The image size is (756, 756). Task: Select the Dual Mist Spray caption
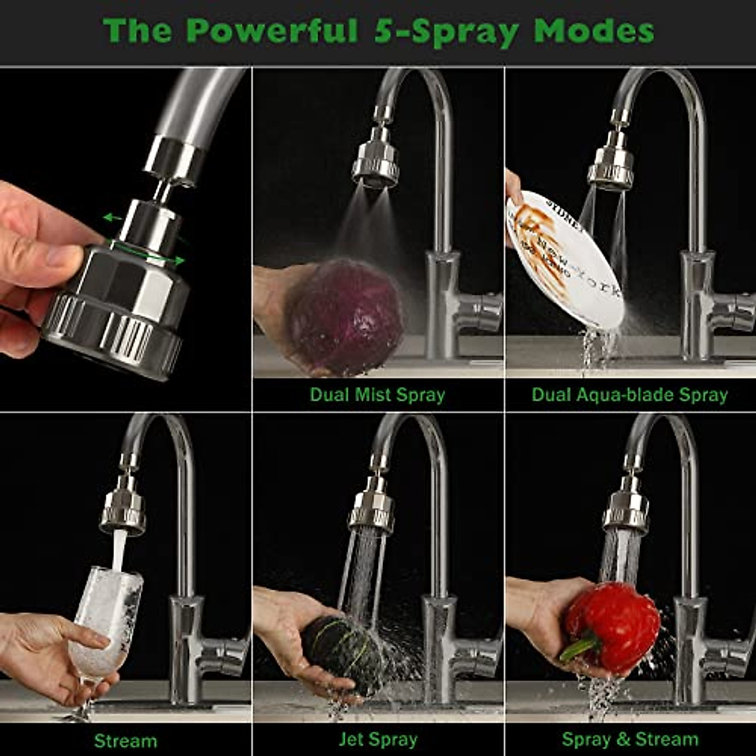click(x=377, y=395)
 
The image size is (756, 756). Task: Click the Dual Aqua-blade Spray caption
click(x=629, y=395)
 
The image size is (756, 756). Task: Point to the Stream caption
click(x=125, y=740)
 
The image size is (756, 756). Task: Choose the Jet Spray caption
click(x=378, y=739)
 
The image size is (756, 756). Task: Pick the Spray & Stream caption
click(x=630, y=739)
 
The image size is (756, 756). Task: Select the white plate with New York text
click(x=564, y=258)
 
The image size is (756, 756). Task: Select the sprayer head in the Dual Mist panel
click(x=375, y=164)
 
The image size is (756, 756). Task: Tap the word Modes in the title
click(x=594, y=30)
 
